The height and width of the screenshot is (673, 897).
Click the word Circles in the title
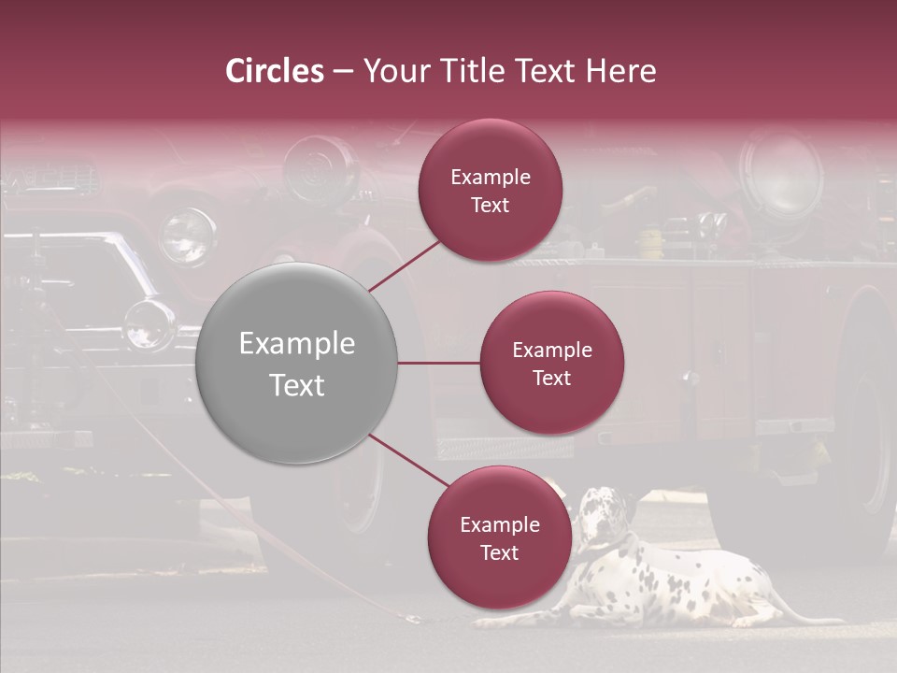tap(275, 71)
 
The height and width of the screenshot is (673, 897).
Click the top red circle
tap(491, 191)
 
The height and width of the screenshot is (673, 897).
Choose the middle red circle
tap(552, 363)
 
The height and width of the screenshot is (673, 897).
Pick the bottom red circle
tap(499, 537)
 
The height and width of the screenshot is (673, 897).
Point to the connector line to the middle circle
tap(439, 363)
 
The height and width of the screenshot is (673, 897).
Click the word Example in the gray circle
tap(297, 344)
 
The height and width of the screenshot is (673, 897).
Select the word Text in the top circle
tap(491, 206)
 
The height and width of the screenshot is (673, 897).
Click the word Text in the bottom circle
tap(499, 552)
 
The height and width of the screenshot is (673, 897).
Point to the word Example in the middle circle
tap(552, 350)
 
